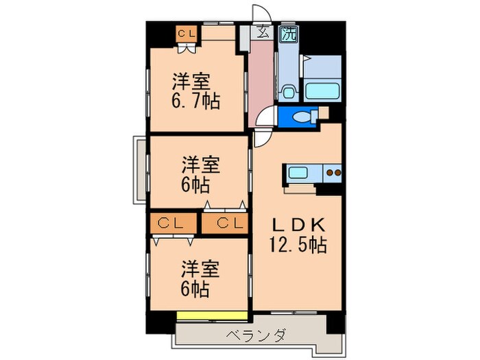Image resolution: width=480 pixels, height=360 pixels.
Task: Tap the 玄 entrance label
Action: [262, 32]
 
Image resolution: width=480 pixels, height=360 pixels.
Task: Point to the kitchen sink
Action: [300, 173]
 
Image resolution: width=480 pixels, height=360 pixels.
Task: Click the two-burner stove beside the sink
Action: [332, 173]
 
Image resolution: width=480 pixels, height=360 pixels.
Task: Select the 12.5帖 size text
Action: [296, 244]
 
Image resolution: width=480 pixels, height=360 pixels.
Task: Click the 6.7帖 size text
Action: [195, 102]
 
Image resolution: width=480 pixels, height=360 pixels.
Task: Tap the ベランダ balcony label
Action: [254, 336]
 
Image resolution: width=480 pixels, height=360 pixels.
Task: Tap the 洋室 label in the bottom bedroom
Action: [200, 268]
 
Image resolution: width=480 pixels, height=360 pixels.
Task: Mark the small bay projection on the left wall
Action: [139, 170]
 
